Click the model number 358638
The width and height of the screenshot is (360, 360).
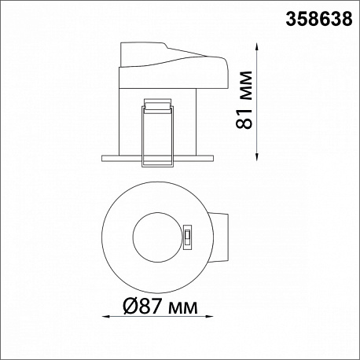(319, 19)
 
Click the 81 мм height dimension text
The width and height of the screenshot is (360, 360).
(244, 100)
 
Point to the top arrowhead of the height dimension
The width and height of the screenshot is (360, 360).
(257, 46)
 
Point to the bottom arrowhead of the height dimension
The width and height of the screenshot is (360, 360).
(257, 156)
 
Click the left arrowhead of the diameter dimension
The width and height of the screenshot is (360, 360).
(105, 317)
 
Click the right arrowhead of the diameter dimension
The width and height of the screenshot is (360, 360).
(210, 317)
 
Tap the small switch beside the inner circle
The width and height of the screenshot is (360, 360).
(188, 237)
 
